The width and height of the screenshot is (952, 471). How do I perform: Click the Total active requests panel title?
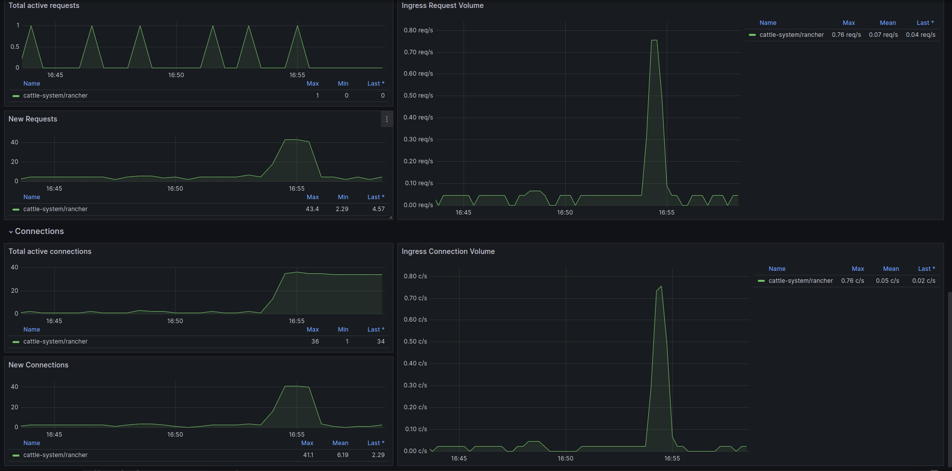pos(44,5)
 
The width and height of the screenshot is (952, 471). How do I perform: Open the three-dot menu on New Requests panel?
pos(387,119)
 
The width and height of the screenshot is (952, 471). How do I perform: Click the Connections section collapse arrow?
pos(11,232)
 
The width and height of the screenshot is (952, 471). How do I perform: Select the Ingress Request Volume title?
pos(443,5)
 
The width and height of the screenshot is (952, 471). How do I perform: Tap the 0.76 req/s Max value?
pos(846,35)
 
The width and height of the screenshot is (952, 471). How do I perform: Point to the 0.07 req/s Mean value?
pos(883,35)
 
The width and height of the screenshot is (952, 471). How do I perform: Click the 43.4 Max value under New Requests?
pos(312,209)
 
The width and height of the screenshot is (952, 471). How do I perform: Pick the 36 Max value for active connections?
pos(315,342)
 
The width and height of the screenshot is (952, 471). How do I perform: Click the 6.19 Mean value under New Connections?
pos(343,455)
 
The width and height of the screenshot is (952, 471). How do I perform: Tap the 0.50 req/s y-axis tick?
pos(418,96)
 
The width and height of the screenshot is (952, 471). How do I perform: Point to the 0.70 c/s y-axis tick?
pos(415,298)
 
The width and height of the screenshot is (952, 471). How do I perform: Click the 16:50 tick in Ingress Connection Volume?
pos(566,459)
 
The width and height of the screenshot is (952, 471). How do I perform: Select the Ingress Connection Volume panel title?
pos(448,251)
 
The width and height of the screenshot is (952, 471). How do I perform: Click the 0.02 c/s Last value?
pos(924,281)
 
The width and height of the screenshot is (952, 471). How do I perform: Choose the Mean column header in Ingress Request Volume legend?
pos(888,23)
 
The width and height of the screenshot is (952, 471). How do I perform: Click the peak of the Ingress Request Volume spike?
pos(654,40)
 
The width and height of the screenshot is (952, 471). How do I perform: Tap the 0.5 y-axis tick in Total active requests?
pos(15,47)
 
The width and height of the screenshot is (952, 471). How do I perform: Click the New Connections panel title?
pos(38,365)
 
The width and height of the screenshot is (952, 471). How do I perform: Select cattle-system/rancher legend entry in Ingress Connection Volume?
pos(801,281)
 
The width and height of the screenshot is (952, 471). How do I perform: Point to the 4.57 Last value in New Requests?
pos(378,209)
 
